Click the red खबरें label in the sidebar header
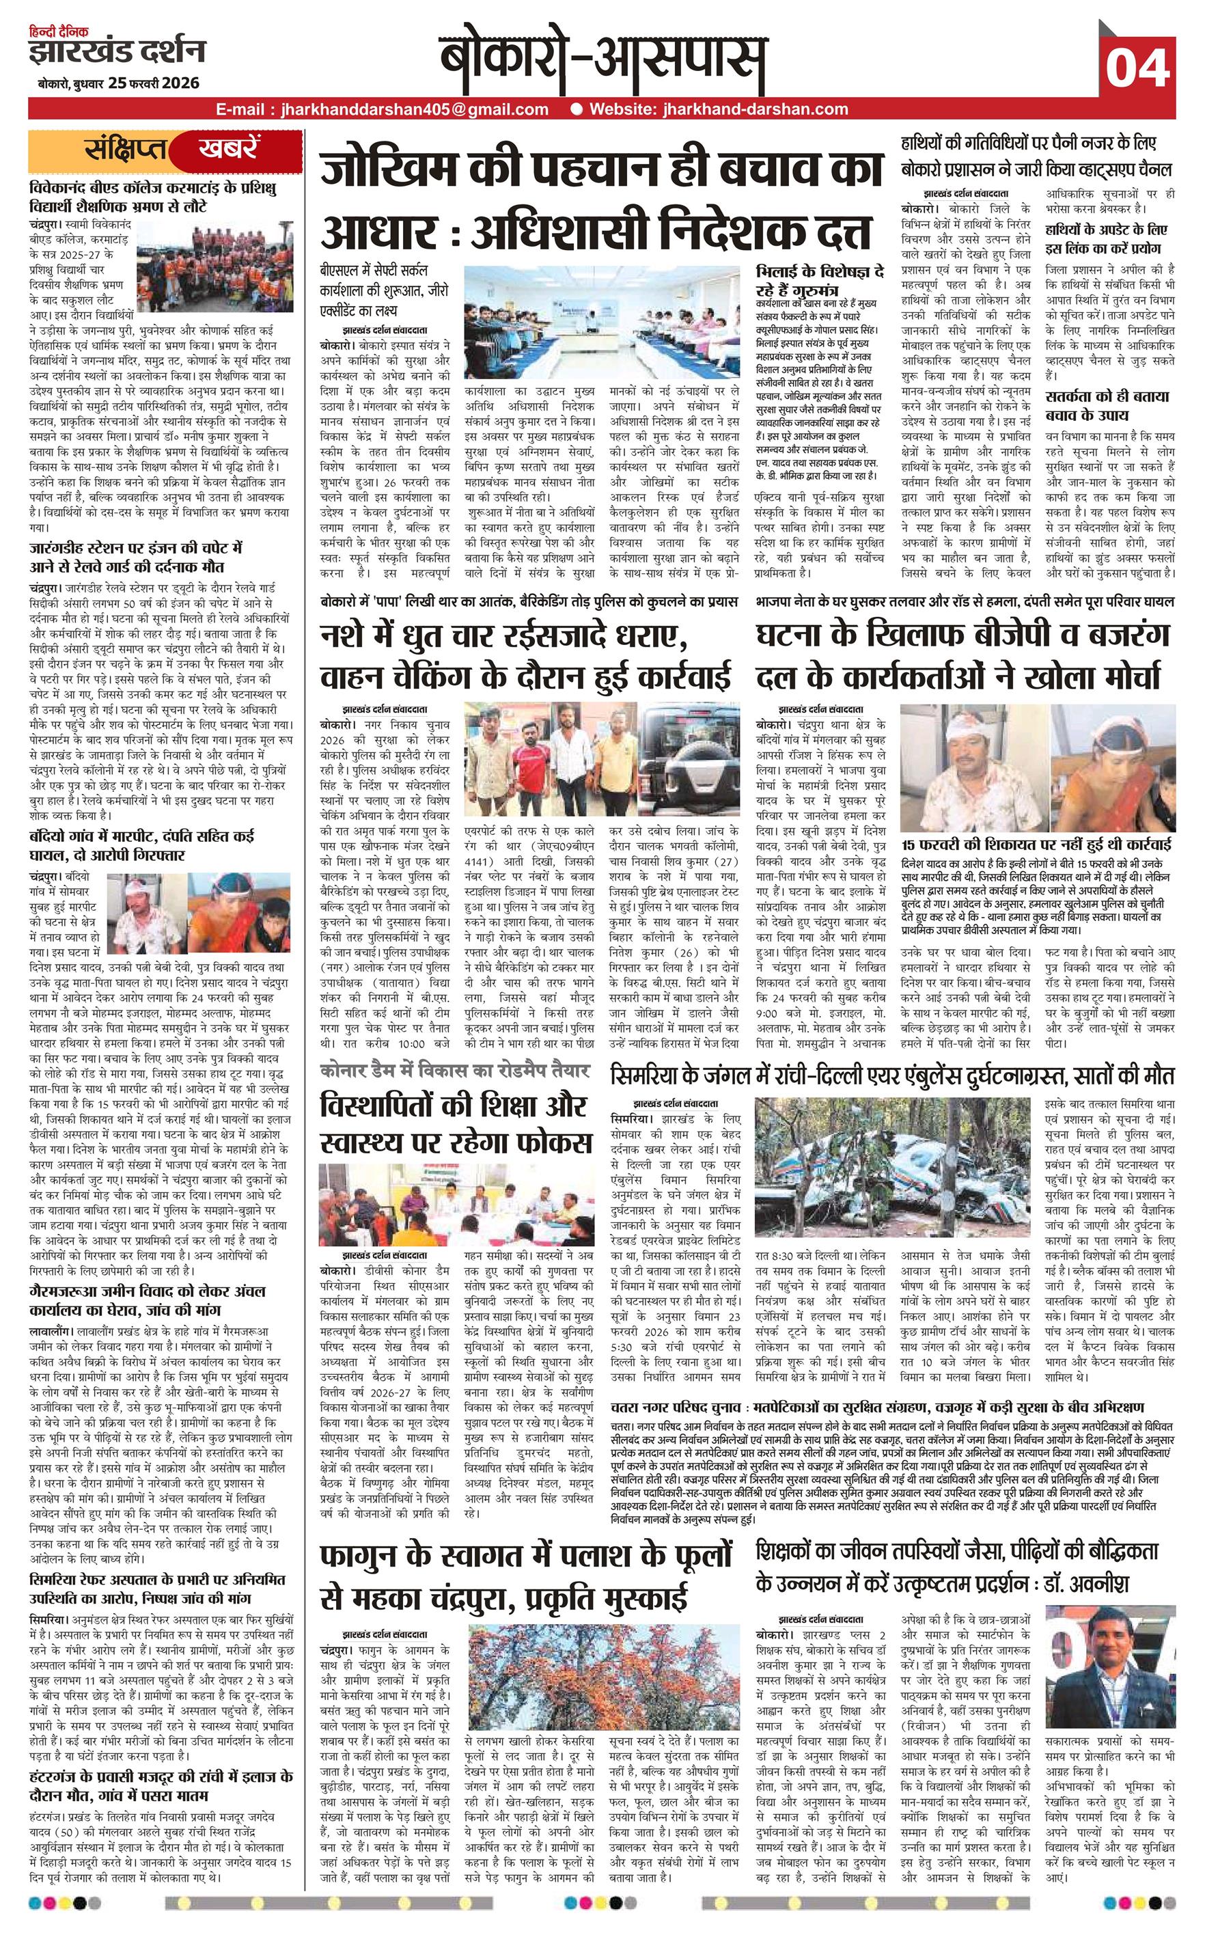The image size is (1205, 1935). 230,149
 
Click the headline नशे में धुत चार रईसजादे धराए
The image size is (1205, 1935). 503,637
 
